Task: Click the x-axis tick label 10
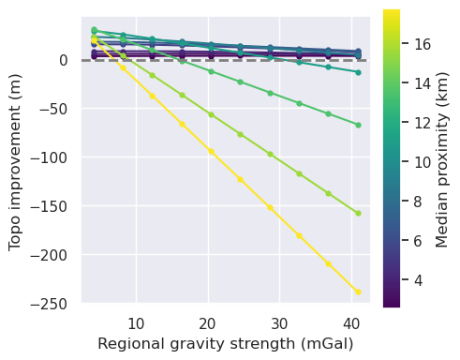[x=136, y=323]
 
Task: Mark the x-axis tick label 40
[x=349, y=323]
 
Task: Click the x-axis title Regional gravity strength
[x=225, y=344]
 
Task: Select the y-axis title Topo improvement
[x=15, y=161]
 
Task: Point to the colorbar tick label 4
[x=418, y=279]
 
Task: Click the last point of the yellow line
[x=358, y=292]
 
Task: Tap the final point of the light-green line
[x=358, y=213]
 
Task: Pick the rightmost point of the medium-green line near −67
[x=358, y=125]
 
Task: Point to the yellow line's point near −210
[x=329, y=263]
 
